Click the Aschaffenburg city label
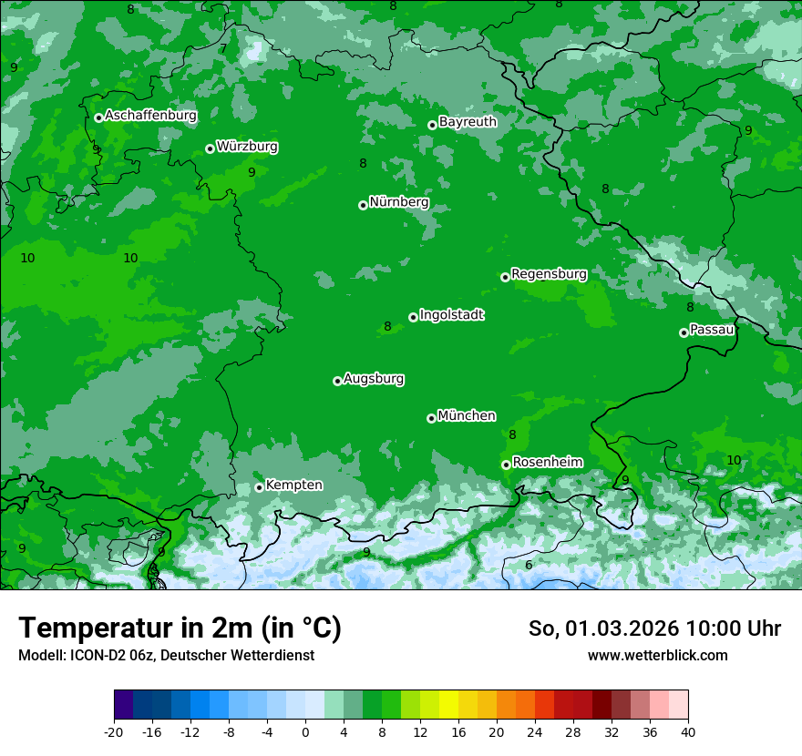pyautogui.click(x=150, y=116)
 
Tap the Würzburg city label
pyautogui.click(x=247, y=147)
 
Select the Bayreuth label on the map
pyautogui.click(x=468, y=122)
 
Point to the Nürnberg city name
pyautogui.click(x=398, y=202)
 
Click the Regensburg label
pyautogui.click(x=549, y=274)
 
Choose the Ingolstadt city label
pyautogui.click(x=451, y=315)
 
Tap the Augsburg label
pyautogui.click(x=374, y=379)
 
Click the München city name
pyautogui.click(x=467, y=416)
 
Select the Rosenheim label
pyautogui.click(x=547, y=463)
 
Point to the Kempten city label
pyautogui.click(x=293, y=485)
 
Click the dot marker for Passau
pyautogui.click(x=684, y=332)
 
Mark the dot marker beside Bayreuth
pyautogui.click(x=432, y=125)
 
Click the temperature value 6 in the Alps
pyautogui.click(x=529, y=565)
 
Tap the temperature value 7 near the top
pyautogui.click(x=223, y=48)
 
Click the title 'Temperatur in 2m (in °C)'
pyautogui.click(x=180, y=628)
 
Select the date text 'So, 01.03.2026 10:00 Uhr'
pyautogui.click(x=654, y=628)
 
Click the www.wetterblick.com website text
pyautogui.click(x=657, y=656)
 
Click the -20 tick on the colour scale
pyautogui.click(x=114, y=732)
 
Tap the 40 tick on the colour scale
pyautogui.click(x=688, y=732)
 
